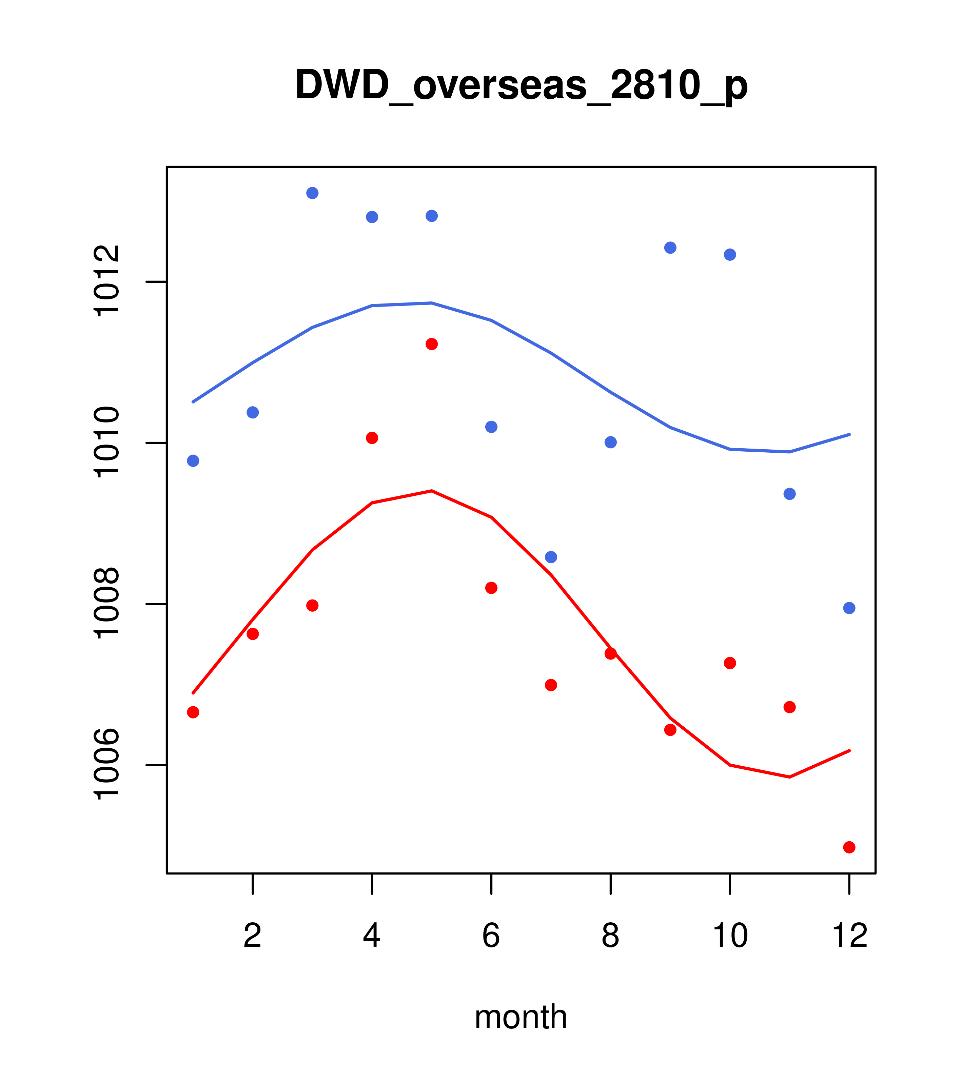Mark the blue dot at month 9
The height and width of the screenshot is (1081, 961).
point(670,248)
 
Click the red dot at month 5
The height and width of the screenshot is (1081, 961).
point(432,344)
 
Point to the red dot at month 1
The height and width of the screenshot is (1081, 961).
point(193,712)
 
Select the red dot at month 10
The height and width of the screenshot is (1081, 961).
point(730,663)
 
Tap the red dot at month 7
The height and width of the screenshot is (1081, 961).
point(551,685)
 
